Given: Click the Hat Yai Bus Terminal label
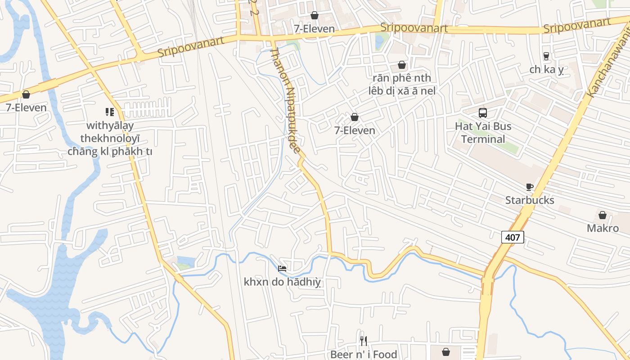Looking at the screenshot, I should click(483, 132).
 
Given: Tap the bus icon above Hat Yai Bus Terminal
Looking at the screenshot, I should click(483, 113).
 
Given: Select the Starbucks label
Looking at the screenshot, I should click(530, 200).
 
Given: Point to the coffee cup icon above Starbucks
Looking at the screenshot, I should click(530, 187).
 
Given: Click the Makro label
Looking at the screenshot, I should click(603, 228).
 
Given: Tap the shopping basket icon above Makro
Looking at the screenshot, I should click(603, 215).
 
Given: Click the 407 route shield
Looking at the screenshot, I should click(513, 237).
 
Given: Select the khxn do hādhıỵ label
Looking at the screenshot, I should click(282, 282).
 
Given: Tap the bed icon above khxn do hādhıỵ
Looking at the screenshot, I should click(282, 269).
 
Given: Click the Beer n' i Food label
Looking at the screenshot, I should click(364, 355).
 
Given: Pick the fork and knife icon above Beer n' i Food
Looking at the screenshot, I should click(364, 341).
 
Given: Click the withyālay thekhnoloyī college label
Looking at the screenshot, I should click(110, 138).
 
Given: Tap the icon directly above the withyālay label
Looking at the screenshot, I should click(110, 112).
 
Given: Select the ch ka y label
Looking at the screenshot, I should click(546, 70).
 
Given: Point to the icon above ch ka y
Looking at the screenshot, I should click(546, 56).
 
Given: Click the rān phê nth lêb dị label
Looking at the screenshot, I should click(402, 84).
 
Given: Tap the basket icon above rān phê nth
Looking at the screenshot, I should click(402, 65).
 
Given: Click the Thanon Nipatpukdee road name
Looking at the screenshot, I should click(284, 101).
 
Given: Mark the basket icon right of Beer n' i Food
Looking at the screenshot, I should click(446, 352).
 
